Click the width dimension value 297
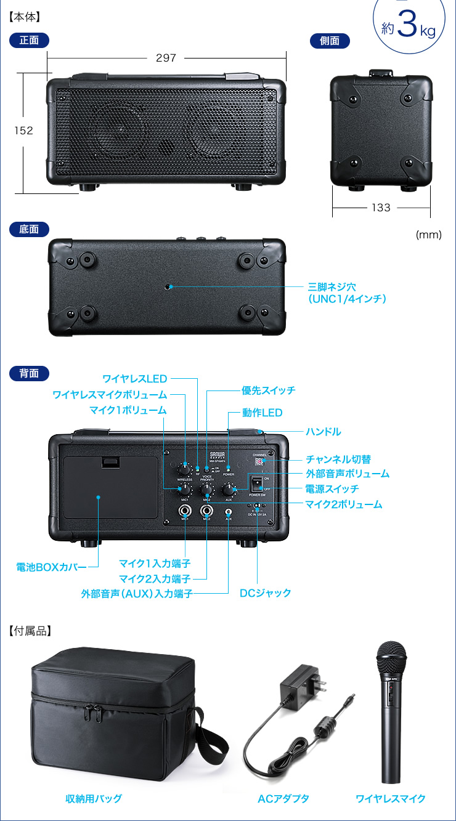pyautogui.click(x=166, y=58)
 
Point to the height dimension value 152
pyautogui.click(x=23, y=131)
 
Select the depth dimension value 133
pyautogui.click(x=381, y=208)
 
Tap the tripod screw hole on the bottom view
pyautogui.click(x=168, y=287)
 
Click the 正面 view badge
pyautogui.click(x=29, y=41)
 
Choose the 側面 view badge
pyautogui.click(x=330, y=41)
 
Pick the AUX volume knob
pyautogui.click(x=229, y=490)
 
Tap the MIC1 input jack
pyautogui.click(x=185, y=511)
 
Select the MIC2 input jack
pyautogui.click(x=206, y=511)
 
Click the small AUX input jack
pyautogui.click(x=229, y=511)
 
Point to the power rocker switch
pyautogui.click(x=256, y=483)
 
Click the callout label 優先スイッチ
pyautogui.click(x=268, y=390)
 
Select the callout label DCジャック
pyautogui.click(x=265, y=593)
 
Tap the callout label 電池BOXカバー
pyautogui.click(x=51, y=567)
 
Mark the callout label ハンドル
pyautogui.click(x=323, y=432)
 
